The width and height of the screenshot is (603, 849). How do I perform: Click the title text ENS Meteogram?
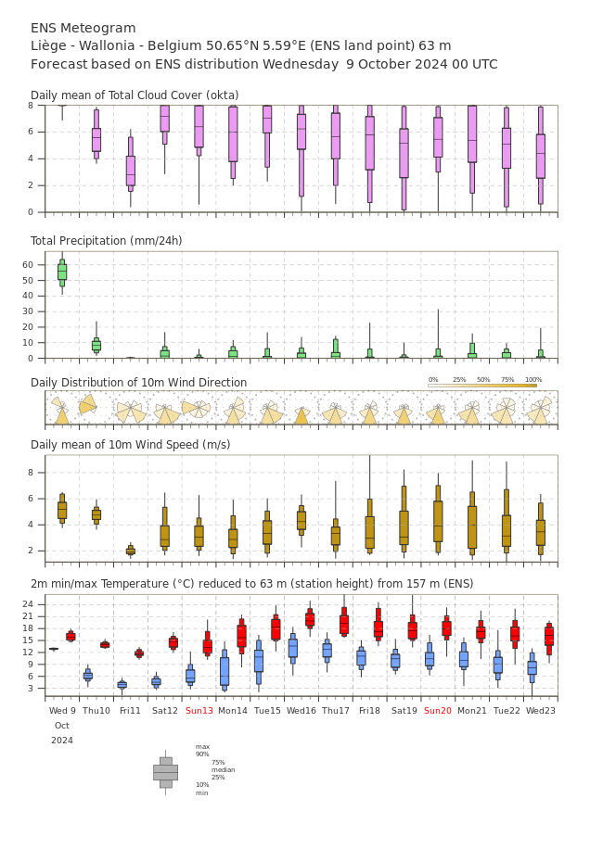click(x=83, y=28)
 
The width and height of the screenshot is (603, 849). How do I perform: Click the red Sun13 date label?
click(x=199, y=711)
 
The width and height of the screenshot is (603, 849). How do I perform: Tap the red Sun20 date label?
click(x=438, y=711)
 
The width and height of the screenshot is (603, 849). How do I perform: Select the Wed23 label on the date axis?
click(x=541, y=711)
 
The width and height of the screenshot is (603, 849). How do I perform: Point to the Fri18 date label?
click(x=369, y=711)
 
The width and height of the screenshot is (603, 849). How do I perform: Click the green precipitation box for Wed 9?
click(x=62, y=271)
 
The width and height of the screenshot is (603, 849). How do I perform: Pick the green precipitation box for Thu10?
click(x=96, y=345)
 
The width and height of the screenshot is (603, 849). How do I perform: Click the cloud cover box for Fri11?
click(x=131, y=171)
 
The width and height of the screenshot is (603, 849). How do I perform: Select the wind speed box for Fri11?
click(x=131, y=551)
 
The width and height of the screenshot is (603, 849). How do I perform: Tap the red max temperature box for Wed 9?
click(x=71, y=636)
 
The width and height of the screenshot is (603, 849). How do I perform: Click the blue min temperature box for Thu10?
click(x=87, y=676)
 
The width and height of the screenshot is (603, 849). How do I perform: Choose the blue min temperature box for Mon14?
click(x=225, y=671)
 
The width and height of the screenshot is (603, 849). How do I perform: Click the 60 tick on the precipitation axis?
click(x=38, y=264)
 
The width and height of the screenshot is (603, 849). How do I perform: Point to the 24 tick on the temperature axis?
click(x=37, y=604)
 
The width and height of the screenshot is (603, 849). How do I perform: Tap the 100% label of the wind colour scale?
click(x=533, y=380)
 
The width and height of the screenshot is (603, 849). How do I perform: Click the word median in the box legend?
click(x=223, y=769)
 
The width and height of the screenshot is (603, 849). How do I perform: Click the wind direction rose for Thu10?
click(x=88, y=405)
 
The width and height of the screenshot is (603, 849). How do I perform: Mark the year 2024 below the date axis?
click(x=62, y=741)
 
